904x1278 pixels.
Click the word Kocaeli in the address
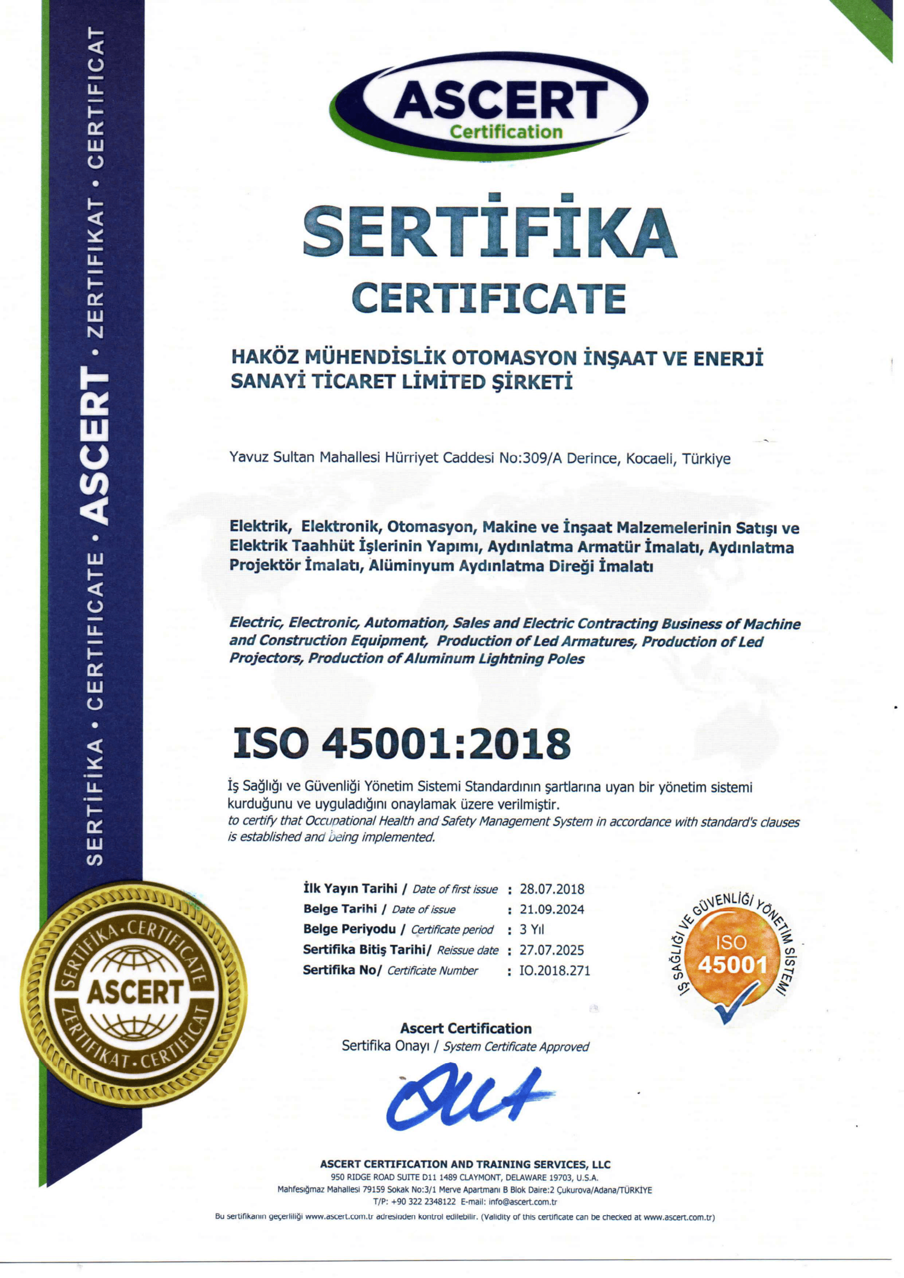tap(650, 458)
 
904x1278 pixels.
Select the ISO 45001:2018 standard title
tap(401, 744)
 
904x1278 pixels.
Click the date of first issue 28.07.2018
tap(551, 889)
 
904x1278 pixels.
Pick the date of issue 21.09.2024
tap(551, 910)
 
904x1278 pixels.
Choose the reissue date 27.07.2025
tap(551, 950)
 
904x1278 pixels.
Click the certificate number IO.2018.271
tap(554, 971)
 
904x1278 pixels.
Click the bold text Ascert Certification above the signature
tap(465, 1028)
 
